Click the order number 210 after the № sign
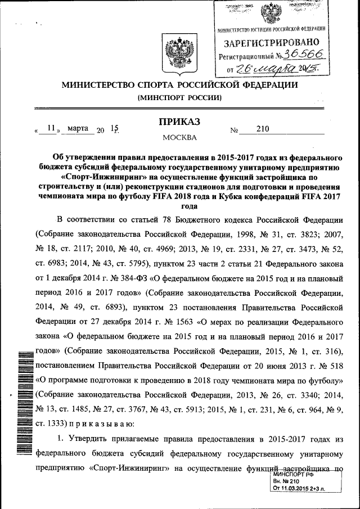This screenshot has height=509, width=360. [262, 129]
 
